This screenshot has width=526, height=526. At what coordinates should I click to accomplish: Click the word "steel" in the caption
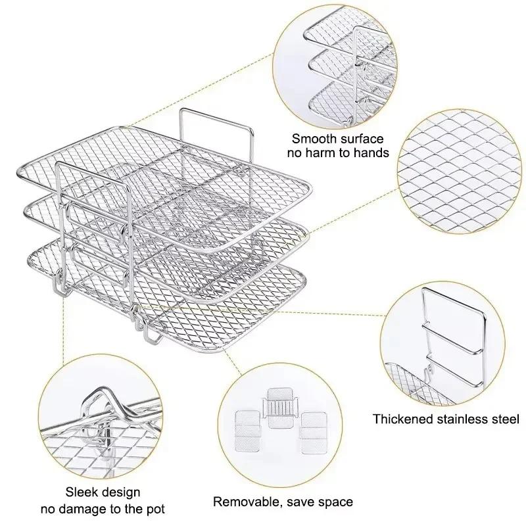click(506, 419)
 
